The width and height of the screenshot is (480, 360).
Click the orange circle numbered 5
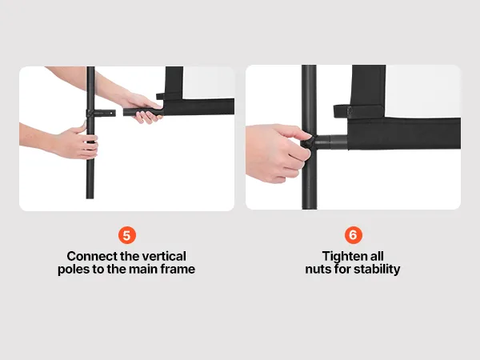[126, 235]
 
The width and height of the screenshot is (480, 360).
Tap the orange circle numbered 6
[354, 235]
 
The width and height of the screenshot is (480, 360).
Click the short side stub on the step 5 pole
[105, 113]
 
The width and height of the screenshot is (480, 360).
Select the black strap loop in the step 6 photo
[358, 111]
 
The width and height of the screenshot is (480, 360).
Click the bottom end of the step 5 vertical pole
[90, 198]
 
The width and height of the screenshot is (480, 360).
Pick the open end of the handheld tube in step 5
[125, 112]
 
